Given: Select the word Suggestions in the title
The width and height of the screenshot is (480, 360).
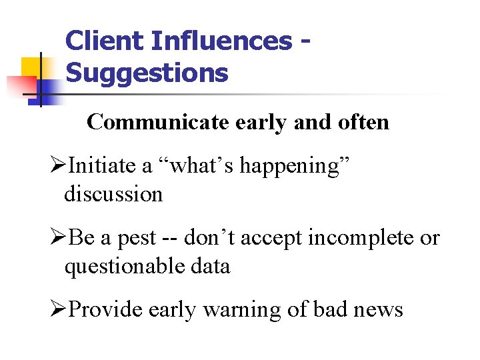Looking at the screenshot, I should point(147,73).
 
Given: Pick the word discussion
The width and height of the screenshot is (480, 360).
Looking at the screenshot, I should point(113,195).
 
